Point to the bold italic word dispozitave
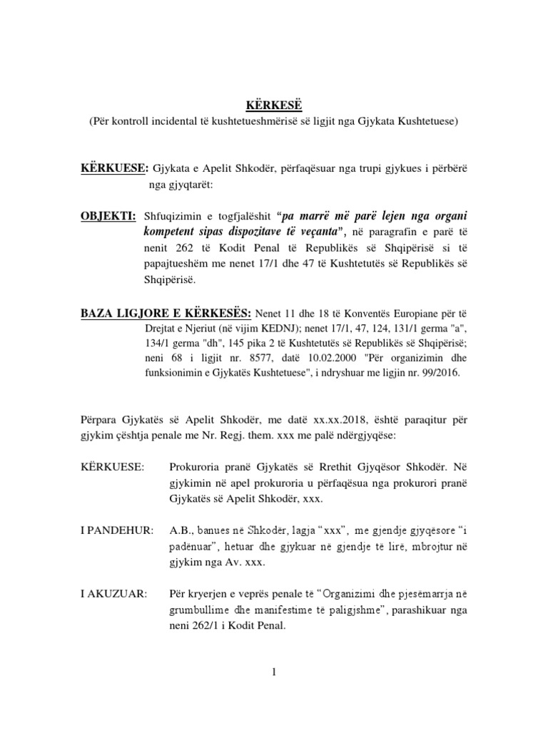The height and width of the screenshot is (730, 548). (273, 232)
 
